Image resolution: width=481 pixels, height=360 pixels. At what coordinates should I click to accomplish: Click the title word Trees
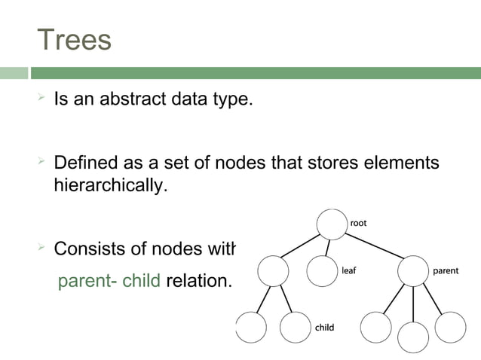pyautogui.click(x=74, y=40)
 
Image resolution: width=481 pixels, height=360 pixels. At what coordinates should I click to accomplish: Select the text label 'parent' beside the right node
pyautogui.click(x=446, y=270)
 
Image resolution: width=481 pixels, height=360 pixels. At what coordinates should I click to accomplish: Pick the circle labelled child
pyautogui.click(x=295, y=327)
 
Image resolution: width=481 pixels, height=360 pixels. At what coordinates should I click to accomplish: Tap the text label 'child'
pyautogui.click(x=324, y=328)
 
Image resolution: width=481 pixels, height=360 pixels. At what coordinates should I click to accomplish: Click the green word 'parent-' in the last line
pyautogui.click(x=87, y=282)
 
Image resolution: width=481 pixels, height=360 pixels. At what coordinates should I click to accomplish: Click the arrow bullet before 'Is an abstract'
pyautogui.click(x=42, y=99)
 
